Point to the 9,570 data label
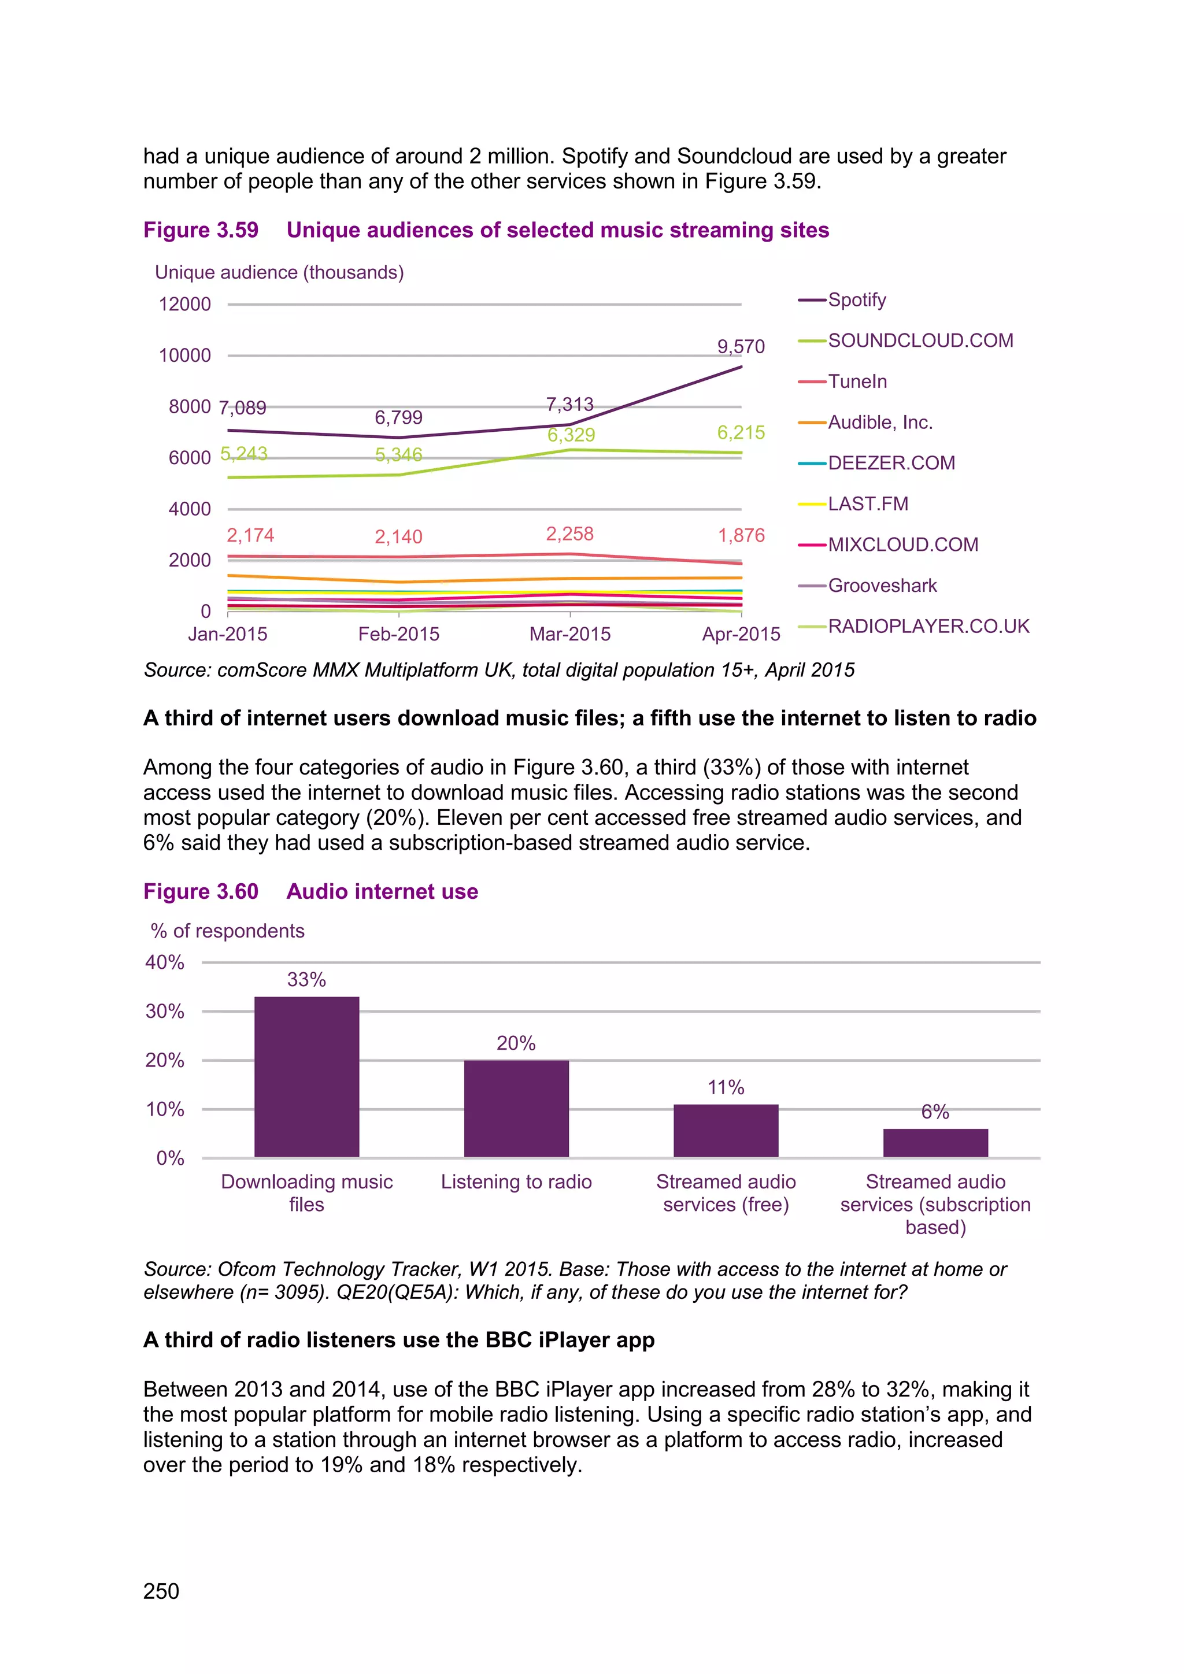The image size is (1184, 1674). click(x=741, y=346)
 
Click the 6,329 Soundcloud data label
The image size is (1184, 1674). click(x=571, y=435)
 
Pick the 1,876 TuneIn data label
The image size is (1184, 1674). click(x=741, y=535)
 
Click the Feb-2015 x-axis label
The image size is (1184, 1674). click(x=399, y=634)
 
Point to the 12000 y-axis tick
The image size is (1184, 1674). click(x=184, y=304)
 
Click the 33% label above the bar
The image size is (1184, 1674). click(x=306, y=979)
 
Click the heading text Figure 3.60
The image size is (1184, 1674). click(x=201, y=892)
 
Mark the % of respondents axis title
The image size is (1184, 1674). click(x=227, y=931)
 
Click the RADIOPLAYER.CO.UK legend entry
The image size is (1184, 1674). click(x=928, y=626)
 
